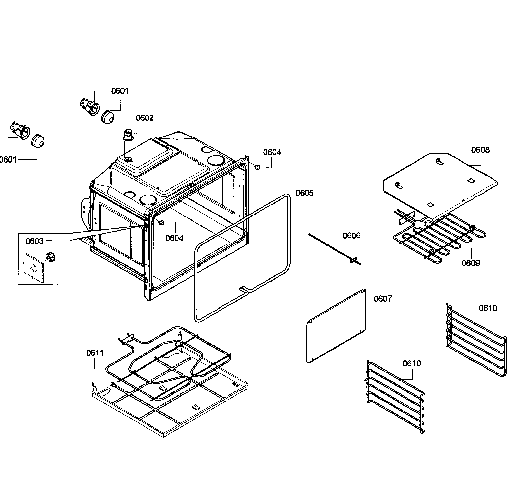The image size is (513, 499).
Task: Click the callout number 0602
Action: click(144, 118)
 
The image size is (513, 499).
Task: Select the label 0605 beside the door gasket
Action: click(304, 193)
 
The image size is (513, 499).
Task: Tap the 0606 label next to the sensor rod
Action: click(351, 236)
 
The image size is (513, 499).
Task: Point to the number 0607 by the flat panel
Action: click(383, 299)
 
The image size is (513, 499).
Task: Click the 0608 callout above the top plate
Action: click(480, 150)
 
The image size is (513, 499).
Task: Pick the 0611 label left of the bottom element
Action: click(95, 353)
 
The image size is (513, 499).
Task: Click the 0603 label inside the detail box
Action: click(34, 241)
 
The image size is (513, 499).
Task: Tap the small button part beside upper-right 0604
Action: click(257, 167)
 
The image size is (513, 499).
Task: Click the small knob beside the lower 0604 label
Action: click(161, 223)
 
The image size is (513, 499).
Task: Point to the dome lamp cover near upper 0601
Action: click(108, 117)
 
